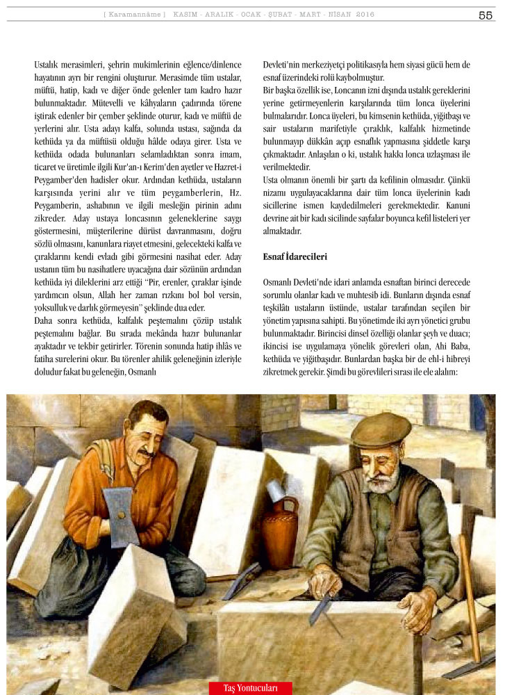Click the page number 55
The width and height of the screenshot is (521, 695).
tap(486, 15)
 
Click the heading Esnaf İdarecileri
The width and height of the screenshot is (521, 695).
tap(295, 256)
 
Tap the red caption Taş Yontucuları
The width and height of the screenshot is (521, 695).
tap(250, 688)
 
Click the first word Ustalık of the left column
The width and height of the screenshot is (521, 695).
tap(49, 65)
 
